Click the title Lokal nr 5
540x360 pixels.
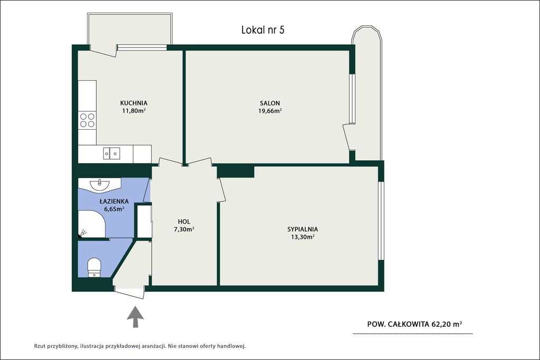(263, 30)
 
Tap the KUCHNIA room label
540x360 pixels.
(133, 103)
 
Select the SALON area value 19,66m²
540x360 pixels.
(270, 111)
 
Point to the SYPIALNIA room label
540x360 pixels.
(302, 229)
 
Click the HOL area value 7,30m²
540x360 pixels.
(184, 230)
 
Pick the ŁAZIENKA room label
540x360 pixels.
(114, 201)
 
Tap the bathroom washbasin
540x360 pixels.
(100, 184)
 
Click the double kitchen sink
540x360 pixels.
(112, 153)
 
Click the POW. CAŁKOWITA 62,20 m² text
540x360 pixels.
(414, 324)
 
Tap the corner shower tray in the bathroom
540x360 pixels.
(92, 224)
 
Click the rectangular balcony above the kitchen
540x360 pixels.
(130, 30)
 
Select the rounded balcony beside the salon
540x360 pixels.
(367, 93)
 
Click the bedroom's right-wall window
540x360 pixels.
(381, 221)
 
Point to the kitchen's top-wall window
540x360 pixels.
(142, 47)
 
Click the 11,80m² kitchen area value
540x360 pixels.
(133, 111)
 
